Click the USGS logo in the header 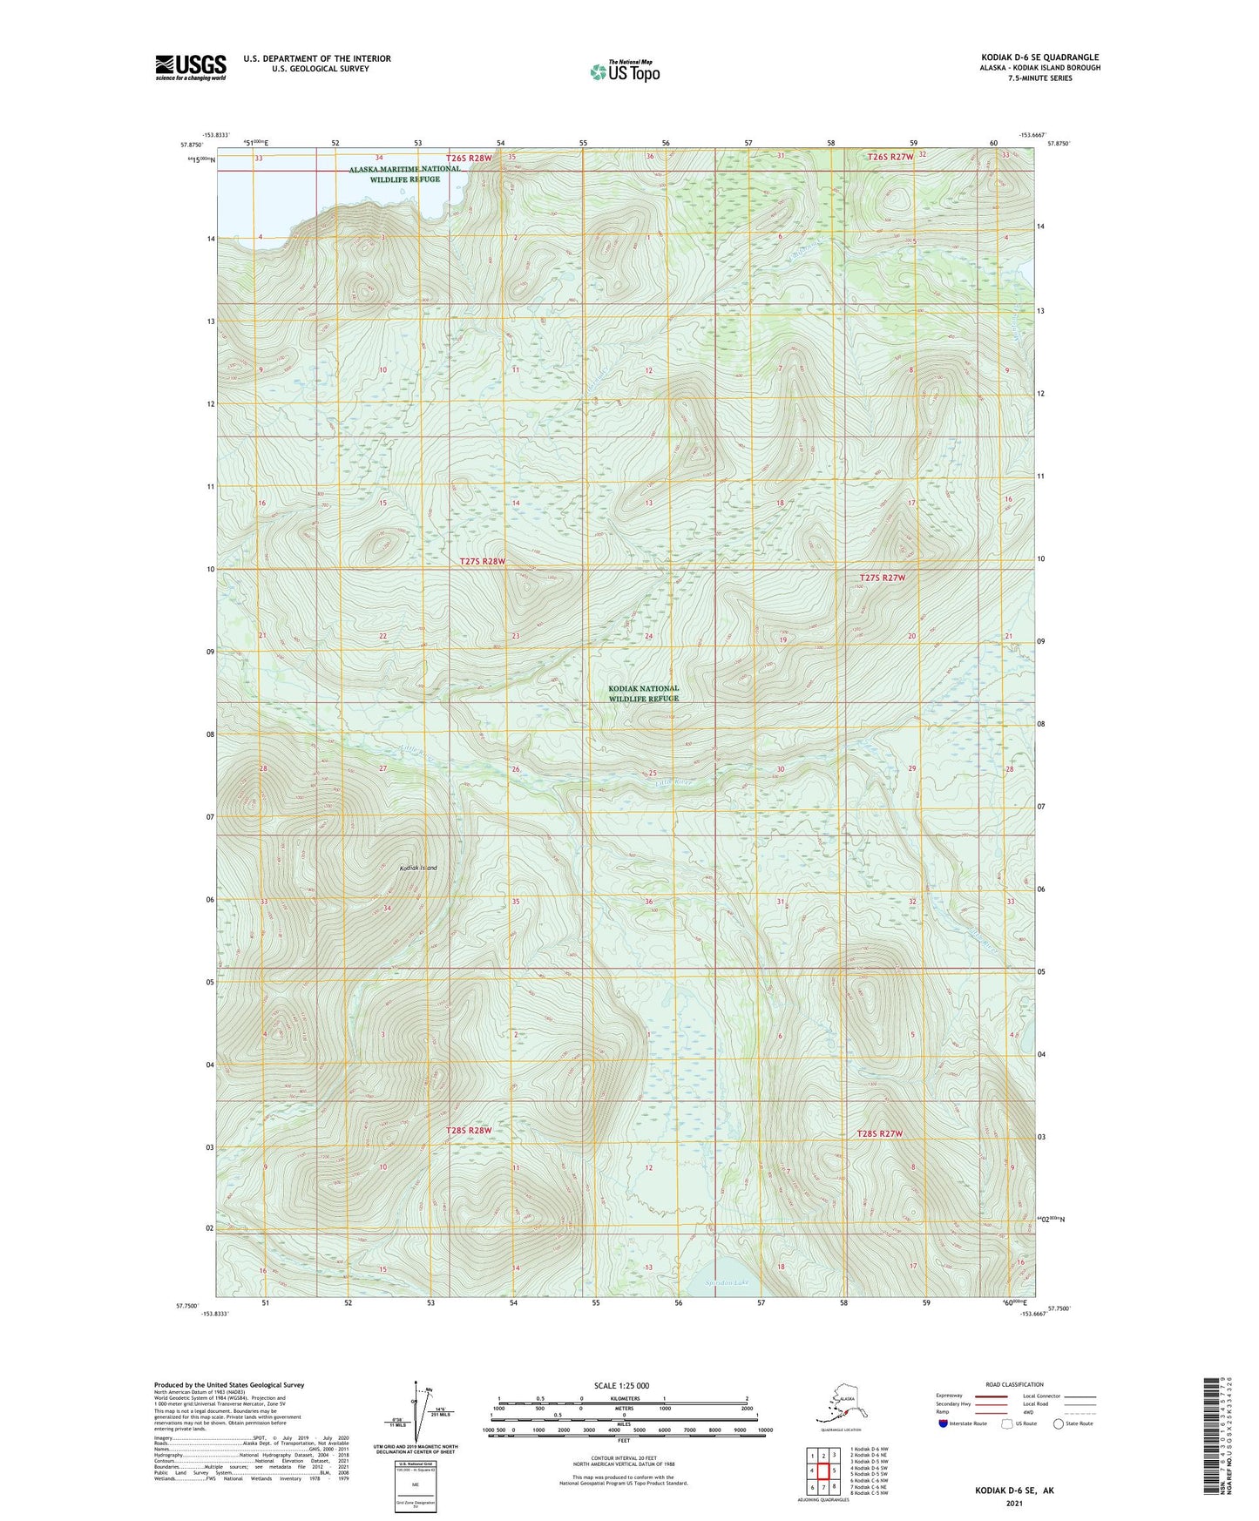190,67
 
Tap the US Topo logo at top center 624,71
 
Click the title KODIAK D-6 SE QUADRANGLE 1039,57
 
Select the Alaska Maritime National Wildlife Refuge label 404,174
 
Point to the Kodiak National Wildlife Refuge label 643,693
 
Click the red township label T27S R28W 482,562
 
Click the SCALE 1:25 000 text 621,1385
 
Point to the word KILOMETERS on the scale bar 622,1398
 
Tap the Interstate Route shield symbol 944,1423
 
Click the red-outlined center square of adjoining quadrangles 823,1470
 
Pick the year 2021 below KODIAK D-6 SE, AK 1013,1503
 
